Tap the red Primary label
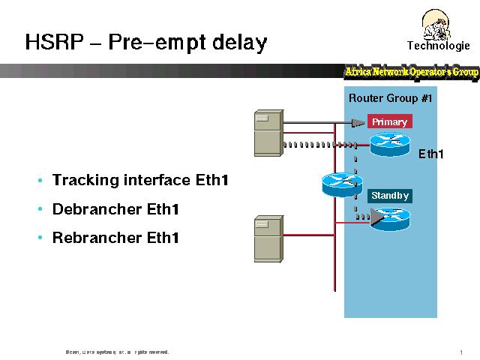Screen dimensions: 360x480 tap(389, 122)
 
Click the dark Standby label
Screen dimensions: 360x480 tap(390, 196)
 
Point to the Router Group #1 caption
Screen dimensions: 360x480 tap(390, 98)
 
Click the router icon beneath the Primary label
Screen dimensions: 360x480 tap(390, 142)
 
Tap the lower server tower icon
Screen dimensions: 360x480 tap(268, 237)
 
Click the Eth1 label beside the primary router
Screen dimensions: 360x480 tap(430, 154)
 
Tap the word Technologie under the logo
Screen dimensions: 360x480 tap(439, 46)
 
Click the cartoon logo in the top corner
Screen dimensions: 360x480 tap(438, 22)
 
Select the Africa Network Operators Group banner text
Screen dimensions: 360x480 tap(411, 72)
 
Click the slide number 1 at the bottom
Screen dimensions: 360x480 tap(460, 352)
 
